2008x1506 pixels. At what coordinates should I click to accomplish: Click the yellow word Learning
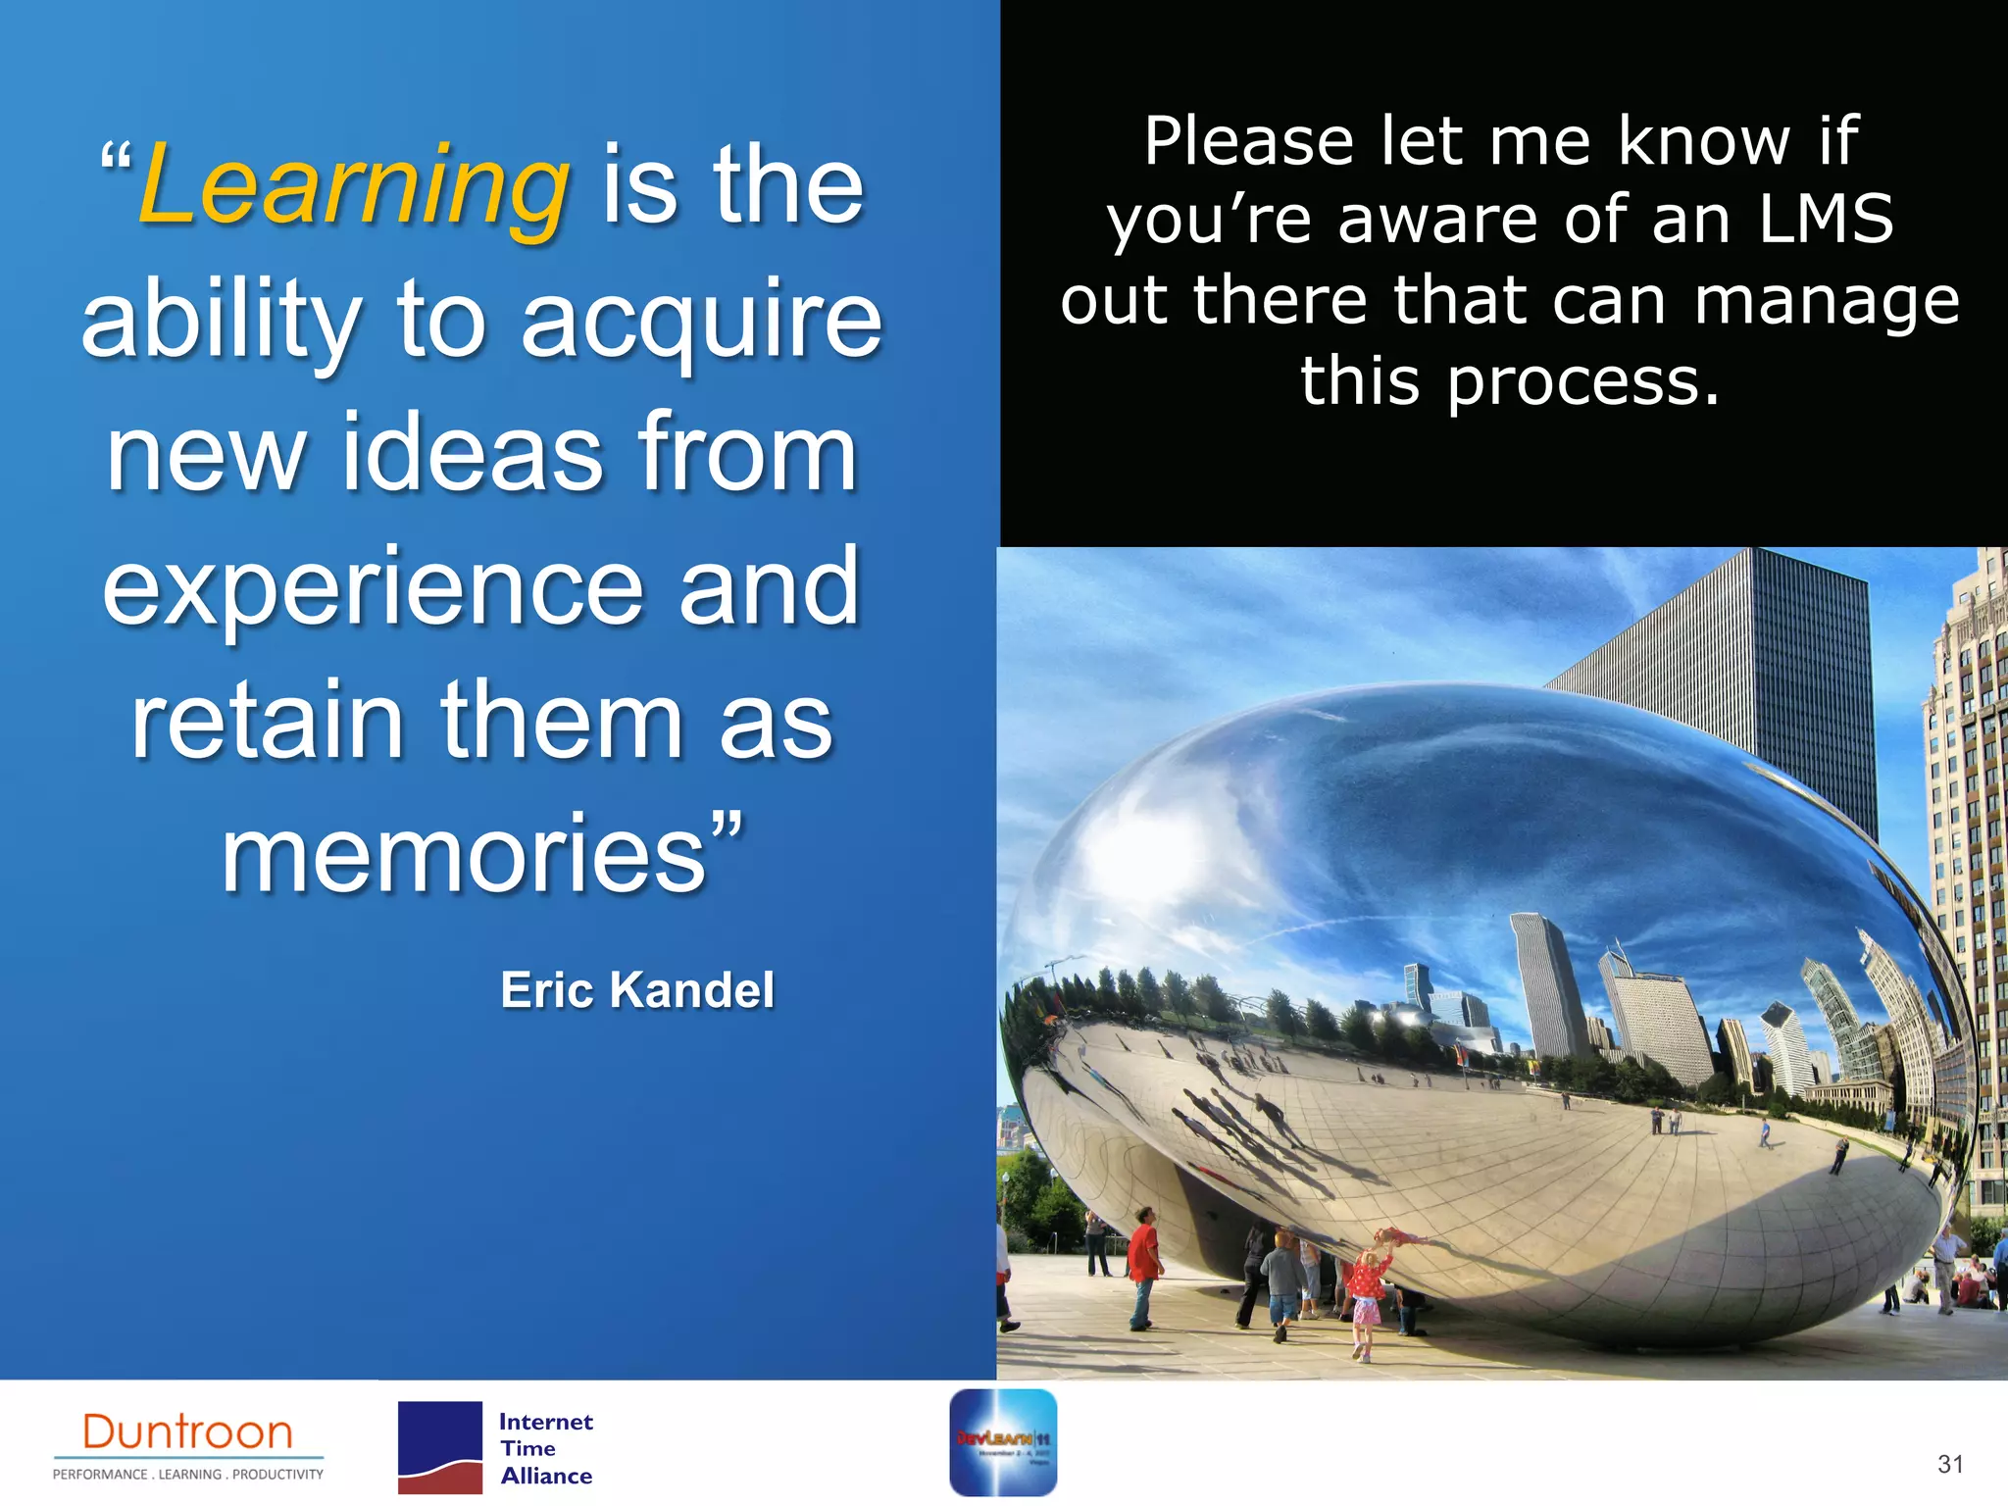[353, 186]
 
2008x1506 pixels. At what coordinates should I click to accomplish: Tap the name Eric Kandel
[637, 989]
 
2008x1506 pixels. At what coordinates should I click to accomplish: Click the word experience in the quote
[373, 588]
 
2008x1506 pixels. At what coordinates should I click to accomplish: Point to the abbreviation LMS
[1826, 220]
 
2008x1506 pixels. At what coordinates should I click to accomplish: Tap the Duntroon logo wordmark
[188, 1432]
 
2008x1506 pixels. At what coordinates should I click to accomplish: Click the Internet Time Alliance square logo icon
[439, 1447]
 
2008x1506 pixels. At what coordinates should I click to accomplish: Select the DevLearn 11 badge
[1002, 1442]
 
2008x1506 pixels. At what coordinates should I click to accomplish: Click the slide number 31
[1950, 1464]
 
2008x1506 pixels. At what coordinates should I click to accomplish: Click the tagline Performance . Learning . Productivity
[188, 1474]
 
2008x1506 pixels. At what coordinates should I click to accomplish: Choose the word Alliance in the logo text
[546, 1476]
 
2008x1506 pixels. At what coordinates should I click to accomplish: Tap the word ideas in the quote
[472, 454]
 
